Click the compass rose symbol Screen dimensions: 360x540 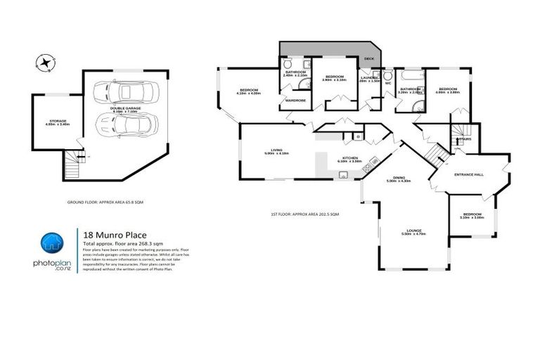[x=46, y=63]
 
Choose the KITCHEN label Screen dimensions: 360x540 [x=349, y=159]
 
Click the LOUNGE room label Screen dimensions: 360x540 [x=413, y=231]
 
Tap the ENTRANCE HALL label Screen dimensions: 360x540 [x=468, y=174]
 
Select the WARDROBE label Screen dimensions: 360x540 [x=295, y=101]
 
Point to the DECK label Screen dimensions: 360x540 [x=368, y=60]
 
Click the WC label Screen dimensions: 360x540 [x=387, y=83]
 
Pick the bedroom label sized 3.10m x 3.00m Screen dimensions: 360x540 [x=472, y=215]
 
